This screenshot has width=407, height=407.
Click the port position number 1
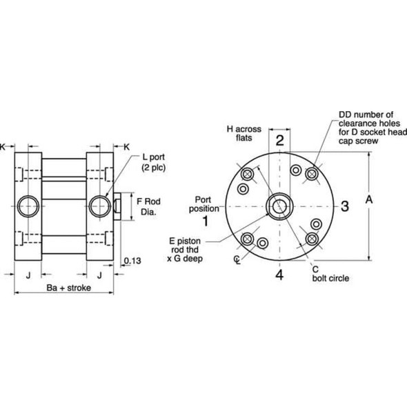click(x=205, y=221)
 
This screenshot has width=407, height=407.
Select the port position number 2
click(x=279, y=141)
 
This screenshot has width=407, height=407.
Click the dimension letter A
click(x=368, y=199)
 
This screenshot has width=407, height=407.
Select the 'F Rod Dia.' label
click(x=148, y=206)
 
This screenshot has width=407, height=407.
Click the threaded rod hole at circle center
click(x=279, y=206)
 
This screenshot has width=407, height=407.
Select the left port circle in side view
click(x=28, y=205)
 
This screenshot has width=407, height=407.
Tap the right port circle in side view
click(x=99, y=205)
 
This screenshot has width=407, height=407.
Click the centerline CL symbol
click(x=237, y=259)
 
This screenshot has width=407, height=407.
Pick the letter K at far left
click(x=4, y=146)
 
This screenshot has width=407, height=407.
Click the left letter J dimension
click(x=28, y=274)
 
